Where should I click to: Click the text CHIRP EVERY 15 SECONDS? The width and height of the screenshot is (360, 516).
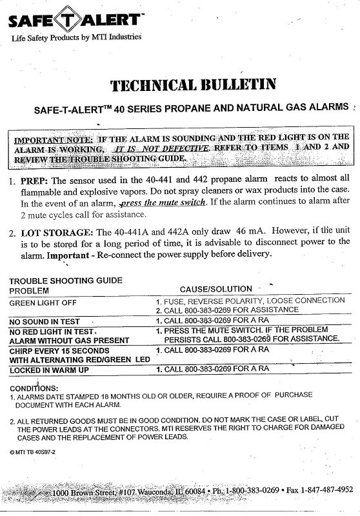pyautogui.click(x=55, y=349)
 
